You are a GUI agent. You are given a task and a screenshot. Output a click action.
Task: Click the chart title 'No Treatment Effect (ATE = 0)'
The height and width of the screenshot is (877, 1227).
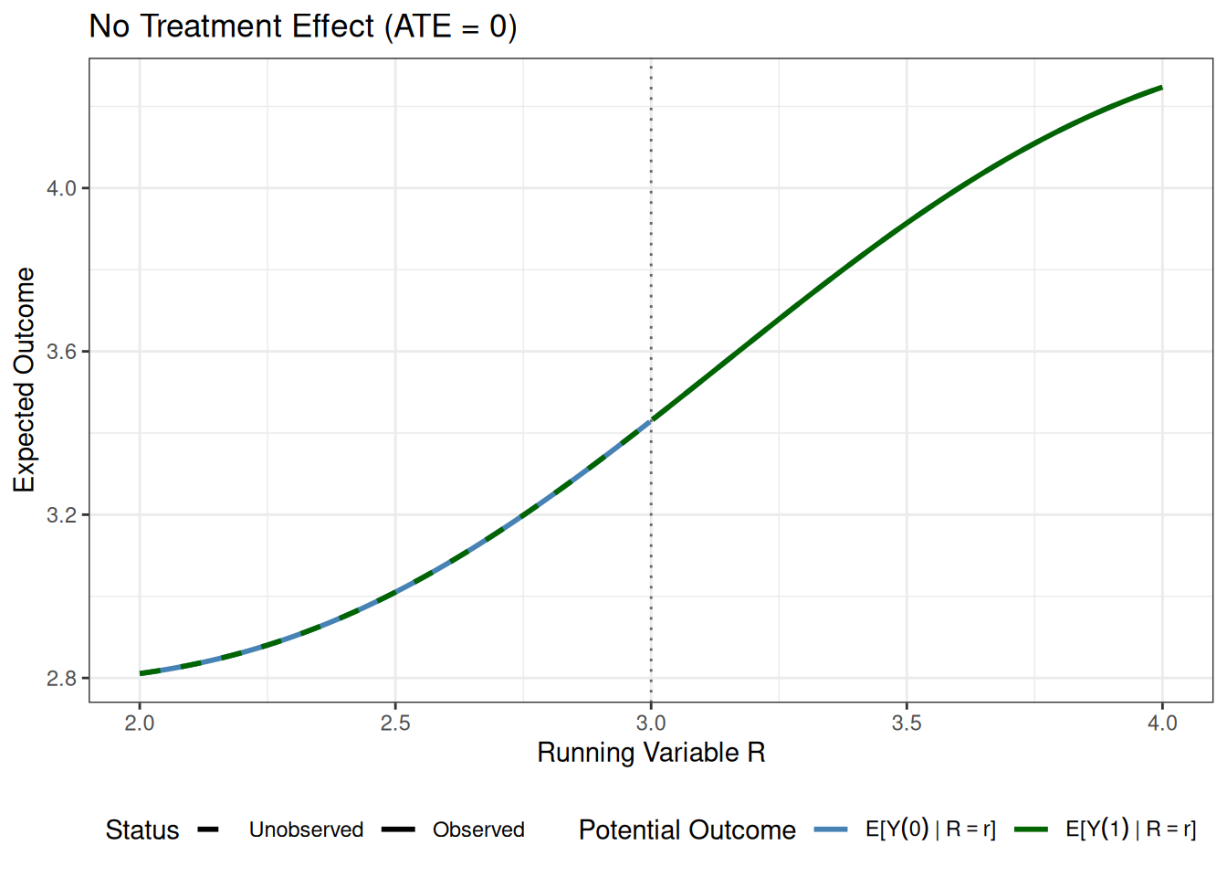[303, 26]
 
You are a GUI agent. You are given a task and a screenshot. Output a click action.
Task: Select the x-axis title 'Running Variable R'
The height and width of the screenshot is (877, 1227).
[651, 753]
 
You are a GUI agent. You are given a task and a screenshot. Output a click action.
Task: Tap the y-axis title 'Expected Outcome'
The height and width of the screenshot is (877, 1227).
[25, 380]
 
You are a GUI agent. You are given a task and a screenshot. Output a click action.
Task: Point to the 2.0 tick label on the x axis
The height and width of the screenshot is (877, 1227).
[140, 724]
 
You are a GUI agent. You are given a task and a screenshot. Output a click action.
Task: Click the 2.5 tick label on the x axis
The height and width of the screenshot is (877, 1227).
[395, 724]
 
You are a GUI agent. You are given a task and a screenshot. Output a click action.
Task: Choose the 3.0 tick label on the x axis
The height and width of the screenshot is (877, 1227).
[651, 724]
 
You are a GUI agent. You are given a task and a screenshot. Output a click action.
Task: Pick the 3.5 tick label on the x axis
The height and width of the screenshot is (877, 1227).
[907, 724]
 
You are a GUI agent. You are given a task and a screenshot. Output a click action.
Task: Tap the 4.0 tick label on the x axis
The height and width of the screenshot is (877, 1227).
[1162, 724]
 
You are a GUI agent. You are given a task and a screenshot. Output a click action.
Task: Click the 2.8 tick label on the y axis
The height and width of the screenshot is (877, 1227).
[62, 679]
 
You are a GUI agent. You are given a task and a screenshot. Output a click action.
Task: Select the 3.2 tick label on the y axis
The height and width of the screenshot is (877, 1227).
[62, 515]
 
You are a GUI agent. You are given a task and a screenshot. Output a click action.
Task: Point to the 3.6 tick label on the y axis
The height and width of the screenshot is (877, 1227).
[62, 352]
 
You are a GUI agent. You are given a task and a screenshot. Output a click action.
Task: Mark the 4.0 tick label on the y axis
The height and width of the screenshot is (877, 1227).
[62, 189]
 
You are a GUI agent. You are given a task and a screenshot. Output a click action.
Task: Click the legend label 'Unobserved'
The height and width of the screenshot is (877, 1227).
[306, 829]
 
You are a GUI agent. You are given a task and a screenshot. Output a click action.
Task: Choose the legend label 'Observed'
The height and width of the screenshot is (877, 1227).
[478, 829]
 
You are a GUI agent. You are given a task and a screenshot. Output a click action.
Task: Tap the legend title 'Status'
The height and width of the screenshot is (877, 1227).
[142, 829]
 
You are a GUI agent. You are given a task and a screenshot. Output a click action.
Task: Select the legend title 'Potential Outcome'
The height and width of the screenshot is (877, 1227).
[687, 829]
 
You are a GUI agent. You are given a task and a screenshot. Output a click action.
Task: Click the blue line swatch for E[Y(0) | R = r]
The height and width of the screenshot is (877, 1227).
[831, 829]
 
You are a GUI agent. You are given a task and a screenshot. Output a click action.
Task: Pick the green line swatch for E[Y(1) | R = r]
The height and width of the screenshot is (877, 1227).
[1031, 829]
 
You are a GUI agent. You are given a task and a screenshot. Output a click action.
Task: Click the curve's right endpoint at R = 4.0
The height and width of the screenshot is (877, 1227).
[1162, 88]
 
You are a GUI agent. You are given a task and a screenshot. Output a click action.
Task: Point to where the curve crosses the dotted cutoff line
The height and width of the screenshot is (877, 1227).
[651, 420]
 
